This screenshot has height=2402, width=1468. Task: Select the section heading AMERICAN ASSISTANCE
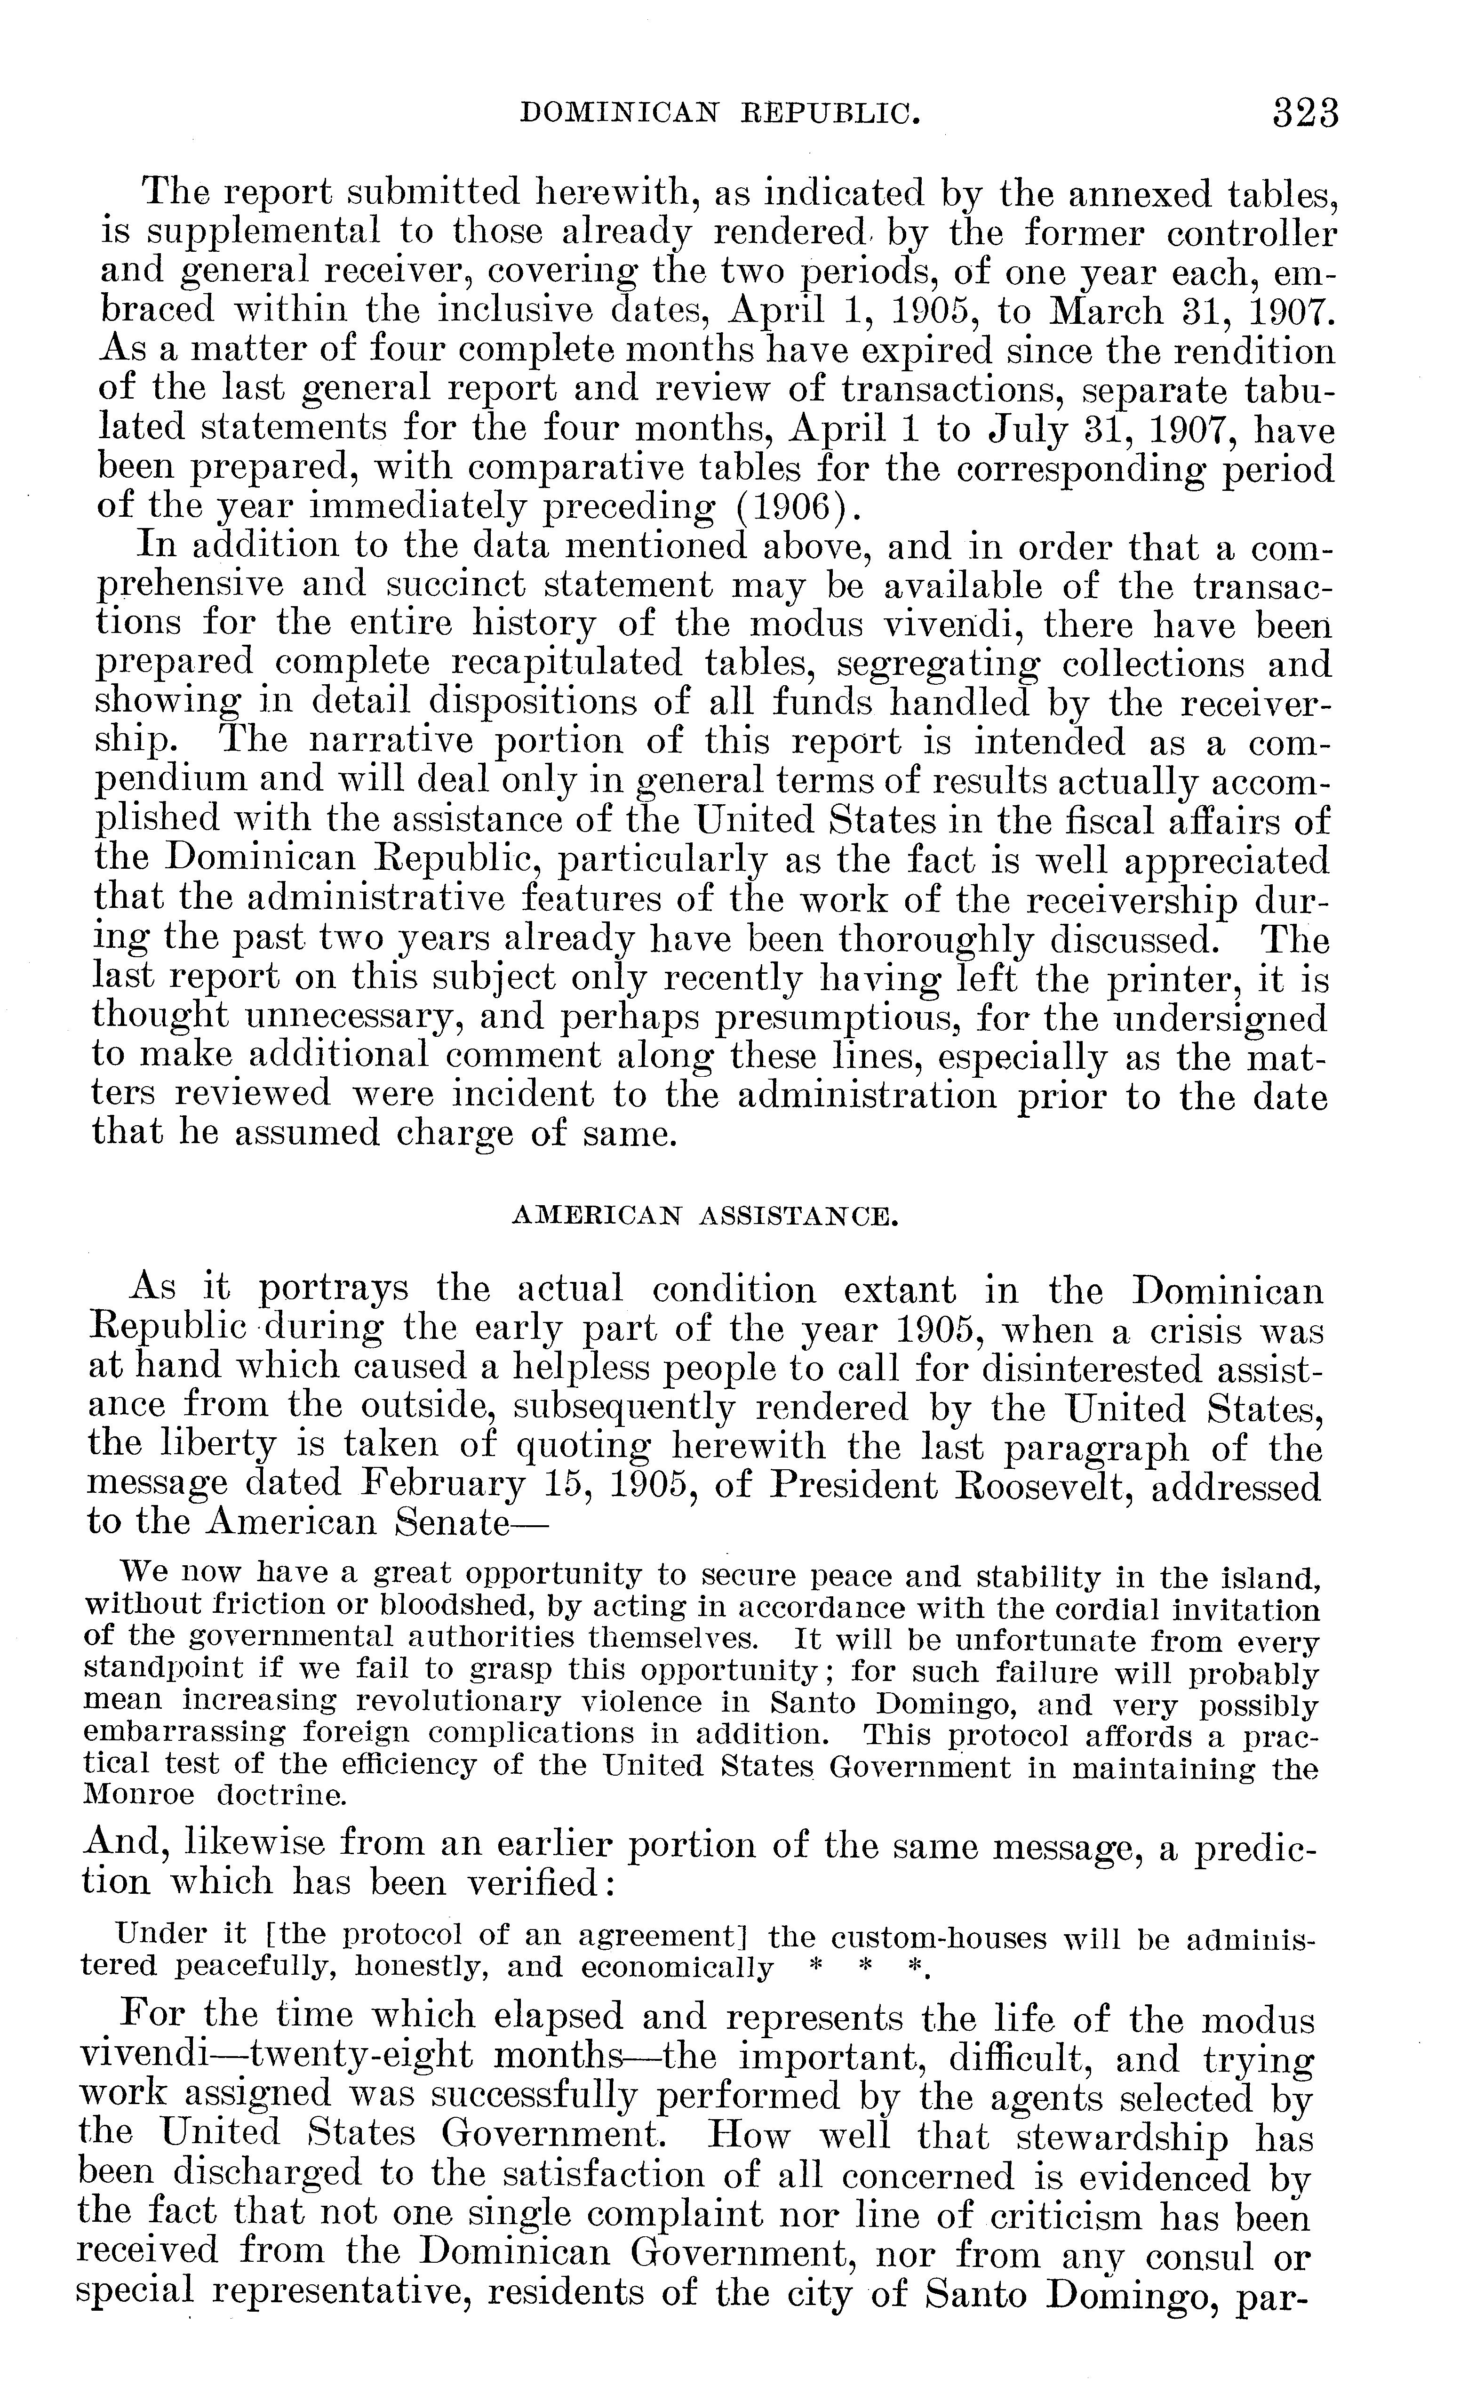704,1217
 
